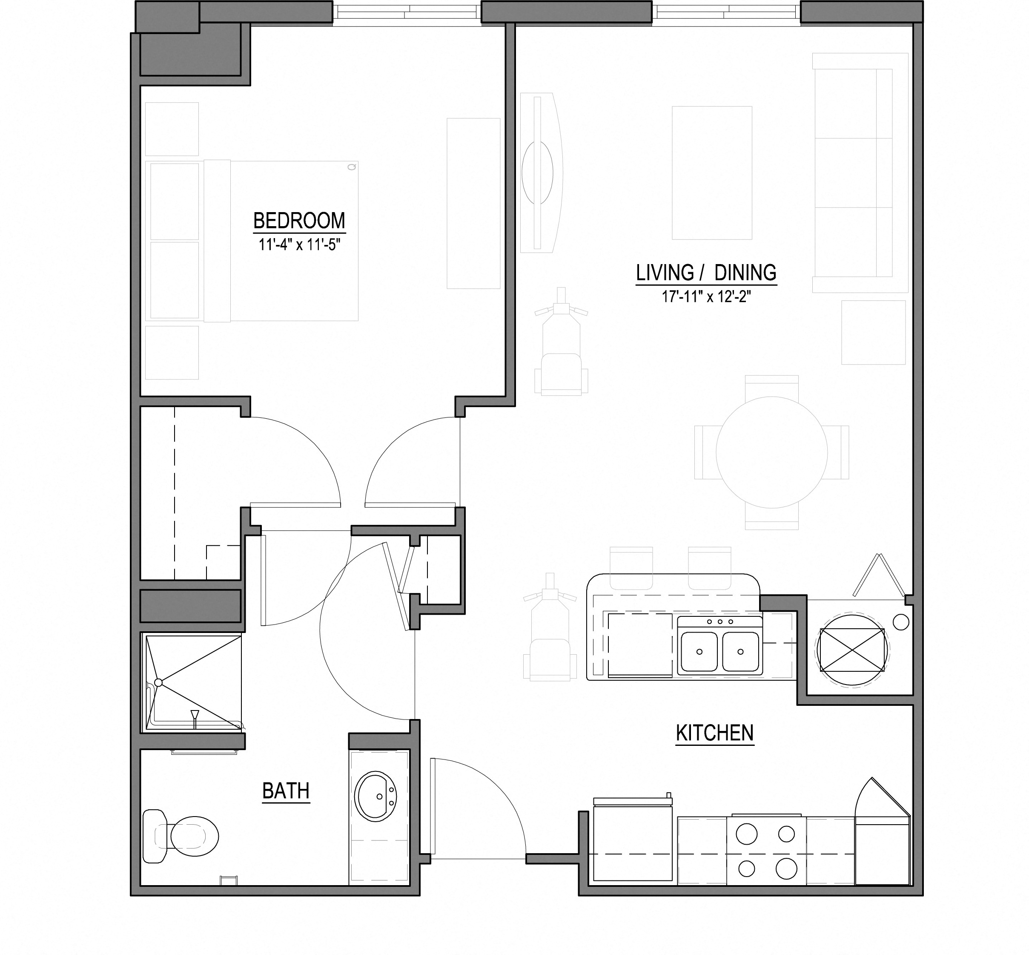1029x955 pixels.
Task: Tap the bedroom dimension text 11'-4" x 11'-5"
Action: coord(300,245)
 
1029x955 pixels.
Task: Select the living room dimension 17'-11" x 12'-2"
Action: coord(705,296)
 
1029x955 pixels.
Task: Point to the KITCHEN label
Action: coord(714,733)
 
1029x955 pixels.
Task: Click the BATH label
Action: coord(286,791)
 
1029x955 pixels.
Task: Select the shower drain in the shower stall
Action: coord(158,683)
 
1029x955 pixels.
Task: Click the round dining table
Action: coord(771,452)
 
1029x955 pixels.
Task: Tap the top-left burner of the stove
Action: coord(746,834)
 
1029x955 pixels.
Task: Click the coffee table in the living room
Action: coord(711,173)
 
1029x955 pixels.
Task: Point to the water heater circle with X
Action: coord(851,650)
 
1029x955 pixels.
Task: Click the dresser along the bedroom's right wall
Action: coord(473,203)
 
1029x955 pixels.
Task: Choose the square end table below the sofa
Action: coord(873,332)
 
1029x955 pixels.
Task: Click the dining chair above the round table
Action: coord(772,386)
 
